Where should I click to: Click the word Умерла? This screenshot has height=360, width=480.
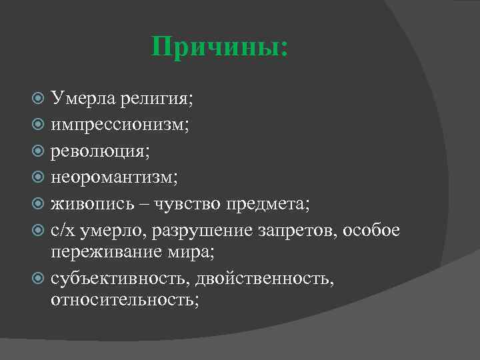pos(83,100)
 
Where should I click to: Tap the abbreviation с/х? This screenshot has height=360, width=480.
pos(63,229)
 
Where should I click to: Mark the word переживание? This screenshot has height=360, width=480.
pos(107,253)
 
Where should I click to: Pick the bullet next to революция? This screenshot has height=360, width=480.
pos(39,152)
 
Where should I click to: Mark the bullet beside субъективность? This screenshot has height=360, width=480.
pos(39,278)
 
